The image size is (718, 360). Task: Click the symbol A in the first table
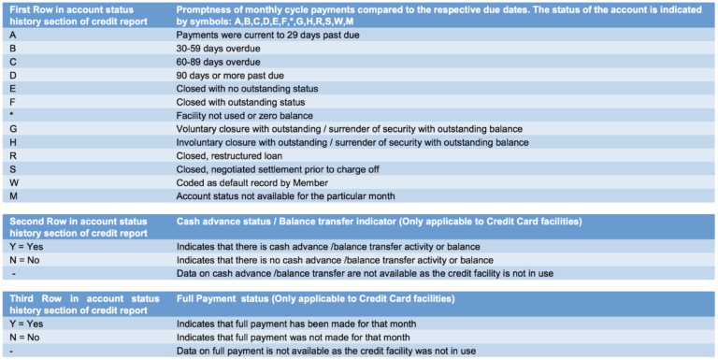click(x=12, y=34)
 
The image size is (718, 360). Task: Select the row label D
click(x=12, y=74)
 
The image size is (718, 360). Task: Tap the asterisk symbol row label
click(x=11, y=115)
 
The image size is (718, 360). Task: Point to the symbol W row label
click(x=13, y=182)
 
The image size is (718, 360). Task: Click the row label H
click(x=12, y=142)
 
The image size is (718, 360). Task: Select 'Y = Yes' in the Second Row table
click(x=25, y=246)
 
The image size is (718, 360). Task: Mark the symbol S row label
click(x=12, y=169)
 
